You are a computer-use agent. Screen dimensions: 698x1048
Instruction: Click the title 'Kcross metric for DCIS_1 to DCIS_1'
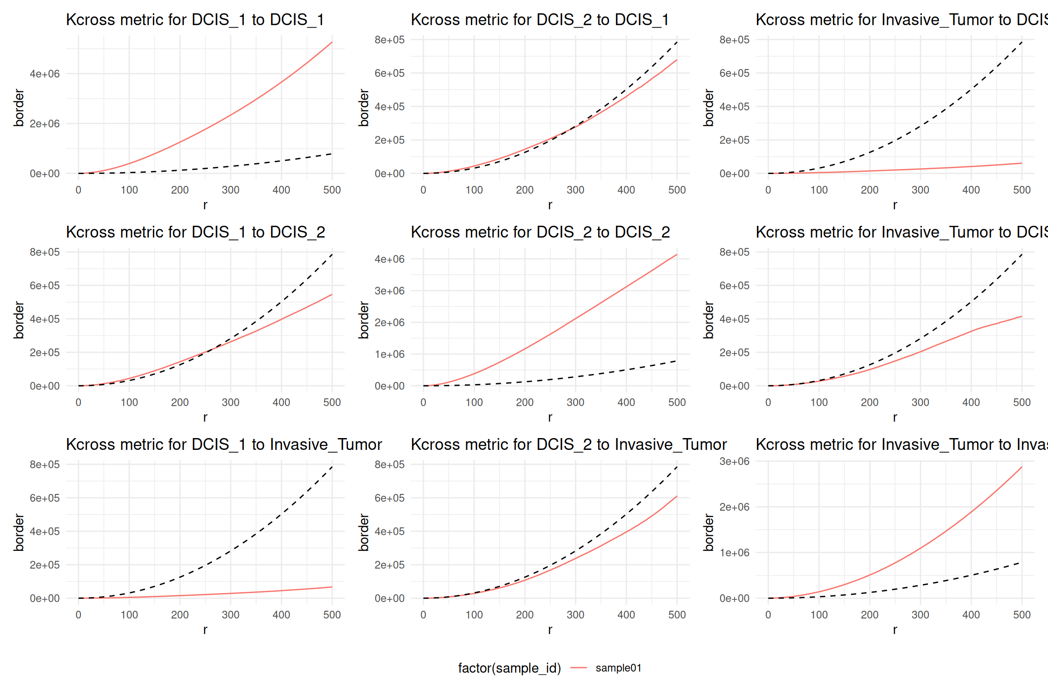point(195,20)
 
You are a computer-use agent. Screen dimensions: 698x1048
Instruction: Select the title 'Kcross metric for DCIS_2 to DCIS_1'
point(539,20)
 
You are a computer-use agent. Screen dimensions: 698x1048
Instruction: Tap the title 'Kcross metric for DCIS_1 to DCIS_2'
point(196,232)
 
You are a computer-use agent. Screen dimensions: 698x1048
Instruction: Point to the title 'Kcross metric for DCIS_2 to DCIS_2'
point(540,232)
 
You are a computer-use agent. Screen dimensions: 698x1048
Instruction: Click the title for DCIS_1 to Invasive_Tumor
point(224,444)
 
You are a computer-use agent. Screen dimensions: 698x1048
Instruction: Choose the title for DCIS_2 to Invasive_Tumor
point(569,444)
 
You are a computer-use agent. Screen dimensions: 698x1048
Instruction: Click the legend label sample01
point(618,668)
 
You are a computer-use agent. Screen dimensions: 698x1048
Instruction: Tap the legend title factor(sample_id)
point(509,668)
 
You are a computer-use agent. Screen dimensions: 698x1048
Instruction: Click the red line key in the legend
point(579,668)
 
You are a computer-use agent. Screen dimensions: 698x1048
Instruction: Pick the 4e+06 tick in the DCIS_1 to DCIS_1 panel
point(45,74)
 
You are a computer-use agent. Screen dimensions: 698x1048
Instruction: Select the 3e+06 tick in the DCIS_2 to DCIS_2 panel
point(389,291)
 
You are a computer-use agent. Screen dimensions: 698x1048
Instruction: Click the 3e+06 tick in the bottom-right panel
point(734,462)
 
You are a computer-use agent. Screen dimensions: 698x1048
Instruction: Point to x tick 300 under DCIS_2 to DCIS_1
point(575,190)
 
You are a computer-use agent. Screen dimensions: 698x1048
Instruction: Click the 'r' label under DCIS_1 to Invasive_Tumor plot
point(205,629)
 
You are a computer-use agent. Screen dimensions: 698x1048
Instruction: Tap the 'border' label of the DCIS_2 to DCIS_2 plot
point(363,320)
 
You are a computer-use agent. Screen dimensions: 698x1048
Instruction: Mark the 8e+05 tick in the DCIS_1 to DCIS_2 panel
point(45,252)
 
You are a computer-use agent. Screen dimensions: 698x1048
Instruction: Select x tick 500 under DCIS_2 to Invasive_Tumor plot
point(677,615)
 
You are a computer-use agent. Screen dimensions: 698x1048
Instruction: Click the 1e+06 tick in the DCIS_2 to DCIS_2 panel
point(389,354)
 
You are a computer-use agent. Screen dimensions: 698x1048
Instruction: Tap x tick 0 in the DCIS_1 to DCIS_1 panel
point(78,190)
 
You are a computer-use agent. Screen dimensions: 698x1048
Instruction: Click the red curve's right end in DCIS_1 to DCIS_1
point(332,43)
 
